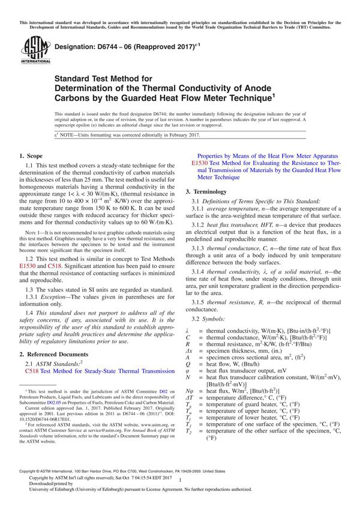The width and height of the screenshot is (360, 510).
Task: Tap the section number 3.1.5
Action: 200,302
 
